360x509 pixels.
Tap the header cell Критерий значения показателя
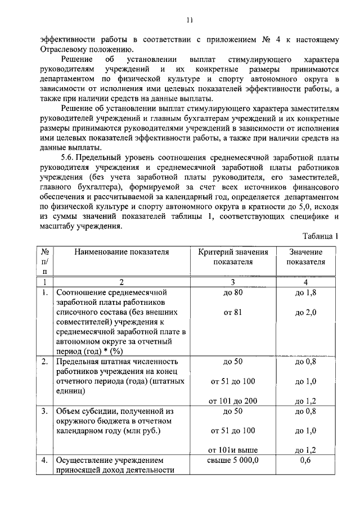click(233, 256)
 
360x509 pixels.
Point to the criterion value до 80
click(233, 293)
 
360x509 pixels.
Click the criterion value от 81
click(233, 313)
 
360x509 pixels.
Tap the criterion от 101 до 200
click(233, 401)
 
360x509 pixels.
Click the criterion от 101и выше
click(233, 450)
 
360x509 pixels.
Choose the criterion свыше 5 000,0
click(233, 461)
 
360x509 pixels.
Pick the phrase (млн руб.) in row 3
click(140, 431)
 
